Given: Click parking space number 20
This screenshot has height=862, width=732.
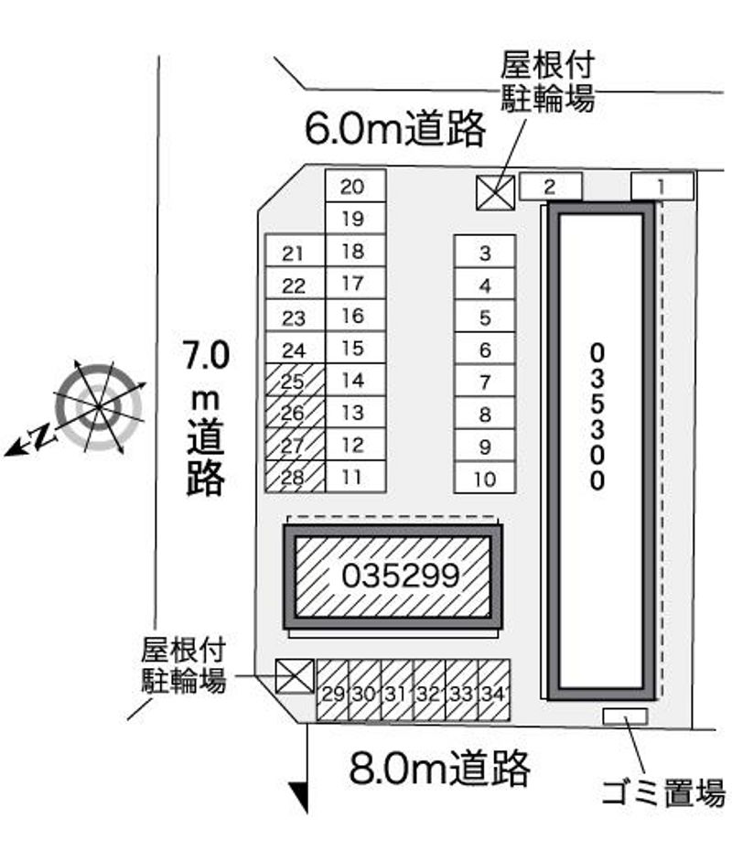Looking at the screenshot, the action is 356,186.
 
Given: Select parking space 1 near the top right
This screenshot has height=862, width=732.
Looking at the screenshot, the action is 662,187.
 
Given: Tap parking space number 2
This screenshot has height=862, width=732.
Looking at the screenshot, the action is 550,187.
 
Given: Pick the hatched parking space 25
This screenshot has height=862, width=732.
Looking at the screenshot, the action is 296,381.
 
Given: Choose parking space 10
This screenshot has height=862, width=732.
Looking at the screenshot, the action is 485,478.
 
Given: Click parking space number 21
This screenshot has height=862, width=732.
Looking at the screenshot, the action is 296,252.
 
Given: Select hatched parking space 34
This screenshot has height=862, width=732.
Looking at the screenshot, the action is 494,691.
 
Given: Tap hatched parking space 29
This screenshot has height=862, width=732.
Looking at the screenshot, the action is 332,691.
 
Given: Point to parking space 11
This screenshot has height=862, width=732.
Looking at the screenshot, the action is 356,477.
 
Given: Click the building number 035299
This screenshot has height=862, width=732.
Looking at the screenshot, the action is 401,576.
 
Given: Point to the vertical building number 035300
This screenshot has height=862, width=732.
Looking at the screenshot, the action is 597,416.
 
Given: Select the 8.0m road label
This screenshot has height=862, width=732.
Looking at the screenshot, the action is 440,767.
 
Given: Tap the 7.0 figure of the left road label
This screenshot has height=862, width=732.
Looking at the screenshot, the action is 206,355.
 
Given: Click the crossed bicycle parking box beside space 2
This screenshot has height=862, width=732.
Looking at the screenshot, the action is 496,193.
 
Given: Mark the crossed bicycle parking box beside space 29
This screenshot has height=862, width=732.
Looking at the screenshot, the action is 295,676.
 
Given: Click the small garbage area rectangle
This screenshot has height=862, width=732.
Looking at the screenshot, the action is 625,717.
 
